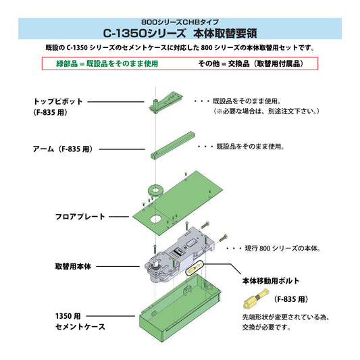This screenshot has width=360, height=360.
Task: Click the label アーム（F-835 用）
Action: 65,147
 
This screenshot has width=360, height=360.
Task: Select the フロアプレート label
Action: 80,217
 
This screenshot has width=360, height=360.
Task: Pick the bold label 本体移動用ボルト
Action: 270,280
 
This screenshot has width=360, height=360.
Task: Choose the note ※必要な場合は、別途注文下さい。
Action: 266,110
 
